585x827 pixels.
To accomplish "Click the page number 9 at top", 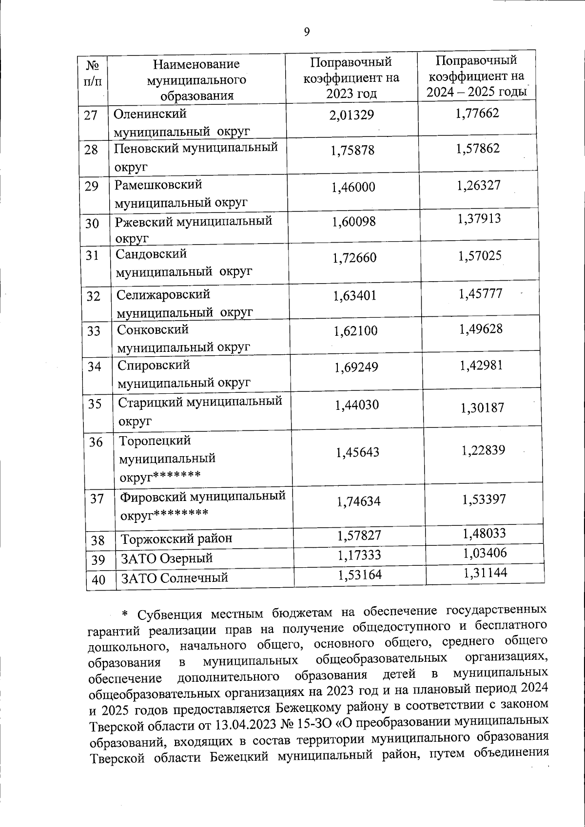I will (x=306, y=32).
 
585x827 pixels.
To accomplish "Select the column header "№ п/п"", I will (x=93, y=73).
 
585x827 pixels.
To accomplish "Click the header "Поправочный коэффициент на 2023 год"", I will (x=351, y=77).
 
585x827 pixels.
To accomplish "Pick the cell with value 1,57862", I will (x=478, y=149).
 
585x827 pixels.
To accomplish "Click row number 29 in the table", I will (x=92, y=186).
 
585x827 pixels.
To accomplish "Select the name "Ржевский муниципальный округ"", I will (x=193, y=229).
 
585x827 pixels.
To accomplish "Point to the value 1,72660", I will (x=354, y=258).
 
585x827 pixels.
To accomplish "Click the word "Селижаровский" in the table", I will (x=163, y=294).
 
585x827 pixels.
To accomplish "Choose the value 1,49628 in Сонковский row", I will (x=480, y=329).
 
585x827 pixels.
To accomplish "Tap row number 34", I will (x=94, y=366).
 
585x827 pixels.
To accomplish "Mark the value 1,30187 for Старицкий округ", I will (x=482, y=407).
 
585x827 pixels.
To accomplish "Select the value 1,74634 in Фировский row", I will (x=358, y=501).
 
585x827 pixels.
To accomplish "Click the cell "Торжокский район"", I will (x=176, y=539).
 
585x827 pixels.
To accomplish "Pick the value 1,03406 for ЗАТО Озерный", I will (x=485, y=553).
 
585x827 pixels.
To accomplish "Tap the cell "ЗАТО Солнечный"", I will (x=175, y=578).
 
